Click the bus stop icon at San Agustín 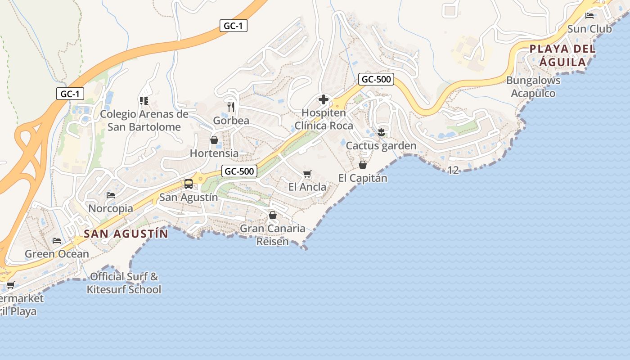[189, 184]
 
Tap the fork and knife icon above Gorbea [231, 107]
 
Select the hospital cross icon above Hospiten [323, 99]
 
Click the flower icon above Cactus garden [381, 132]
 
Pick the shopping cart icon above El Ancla [307, 174]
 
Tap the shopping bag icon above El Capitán [363, 165]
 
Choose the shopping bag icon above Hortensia [214, 140]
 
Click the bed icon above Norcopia [111, 195]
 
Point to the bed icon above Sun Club [589, 16]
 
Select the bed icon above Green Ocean [57, 241]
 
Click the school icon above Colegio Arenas [144, 100]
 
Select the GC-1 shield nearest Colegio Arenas [70, 94]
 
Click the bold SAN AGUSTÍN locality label [126, 234]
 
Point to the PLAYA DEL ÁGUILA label [562, 55]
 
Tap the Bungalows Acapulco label [533, 87]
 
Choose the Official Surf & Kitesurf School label [124, 283]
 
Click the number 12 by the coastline [453, 170]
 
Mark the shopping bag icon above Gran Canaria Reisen [273, 215]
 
